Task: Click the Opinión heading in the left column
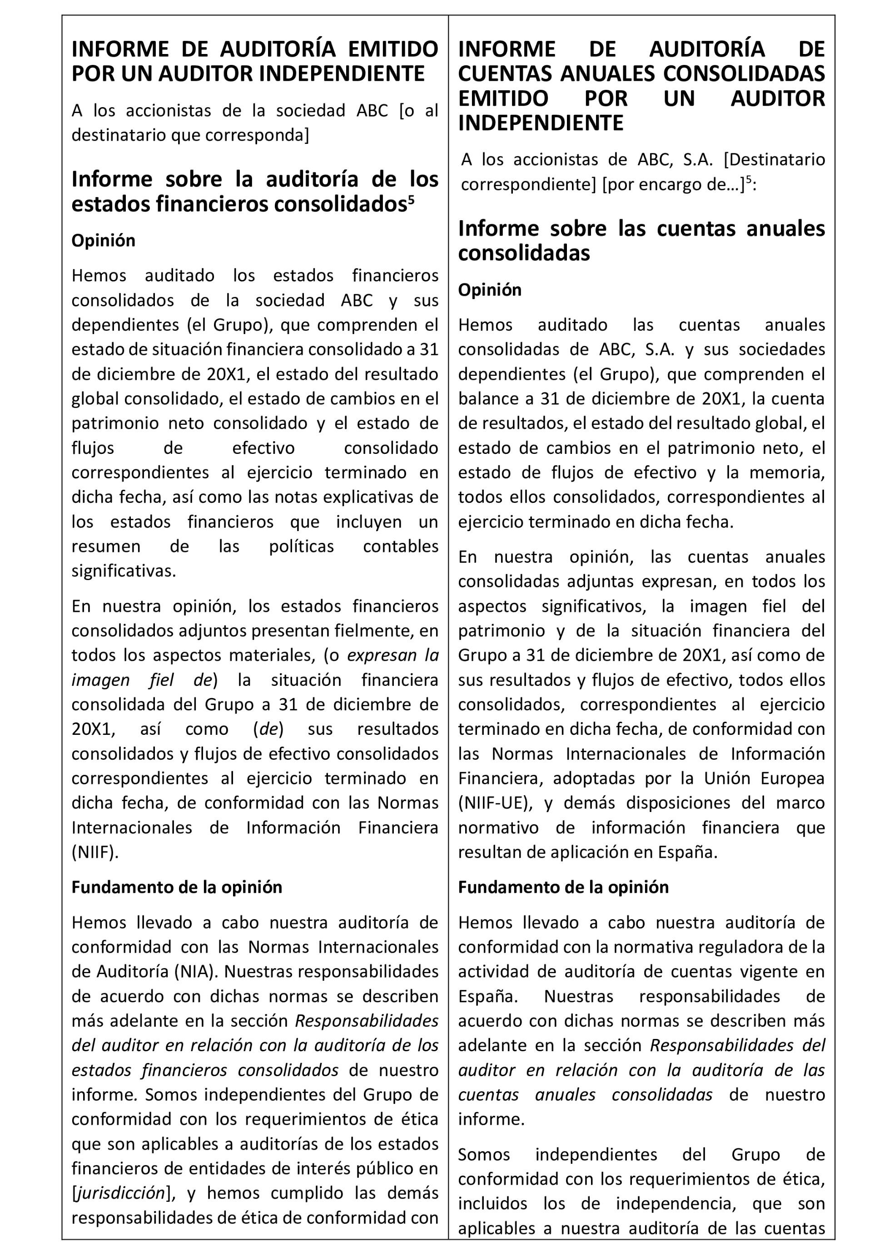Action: point(103,241)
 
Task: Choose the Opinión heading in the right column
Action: point(490,289)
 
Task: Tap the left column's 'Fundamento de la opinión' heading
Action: point(177,887)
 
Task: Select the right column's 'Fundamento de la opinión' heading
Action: point(563,887)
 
